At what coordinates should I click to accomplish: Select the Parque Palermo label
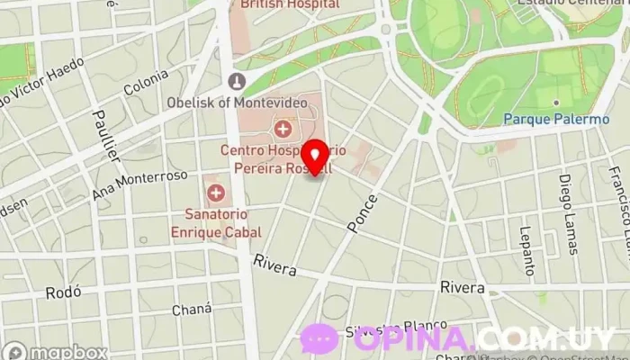(x=544, y=119)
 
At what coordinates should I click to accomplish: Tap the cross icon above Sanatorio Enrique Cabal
(x=216, y=192)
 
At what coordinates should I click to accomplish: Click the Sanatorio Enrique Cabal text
(x=216, y=222)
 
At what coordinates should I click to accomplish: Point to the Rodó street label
(x=64, y=292)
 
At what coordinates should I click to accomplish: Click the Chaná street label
(x=193, y=310)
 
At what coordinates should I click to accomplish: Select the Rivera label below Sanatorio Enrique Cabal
(x=275, y=263)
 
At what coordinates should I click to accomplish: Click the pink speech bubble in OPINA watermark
(x=320, y=340)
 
